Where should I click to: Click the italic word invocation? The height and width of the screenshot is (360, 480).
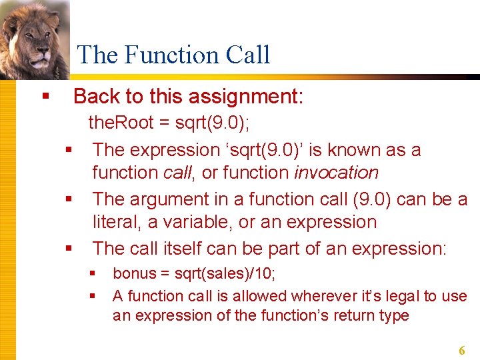336,173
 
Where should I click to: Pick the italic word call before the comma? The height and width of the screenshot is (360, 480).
178,173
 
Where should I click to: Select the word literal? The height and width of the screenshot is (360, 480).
116,222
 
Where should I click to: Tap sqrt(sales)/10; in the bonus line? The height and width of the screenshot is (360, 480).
225,273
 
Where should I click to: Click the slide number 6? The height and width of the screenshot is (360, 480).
461,350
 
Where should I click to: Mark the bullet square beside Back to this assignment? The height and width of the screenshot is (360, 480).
45,97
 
